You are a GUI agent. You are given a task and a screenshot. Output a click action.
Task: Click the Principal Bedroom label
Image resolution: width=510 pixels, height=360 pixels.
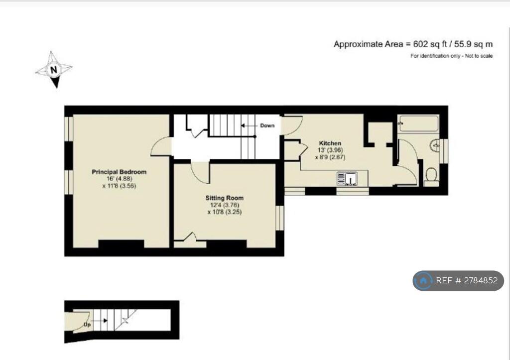click(x=119, y=172)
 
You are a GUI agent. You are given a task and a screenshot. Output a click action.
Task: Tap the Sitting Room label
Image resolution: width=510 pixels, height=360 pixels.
click(x=225, y=198)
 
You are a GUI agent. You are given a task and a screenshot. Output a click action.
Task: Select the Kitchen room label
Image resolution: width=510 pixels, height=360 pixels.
click(x=330, y=143)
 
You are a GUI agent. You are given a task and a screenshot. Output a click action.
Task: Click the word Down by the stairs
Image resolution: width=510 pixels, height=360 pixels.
click(x=267, y=125)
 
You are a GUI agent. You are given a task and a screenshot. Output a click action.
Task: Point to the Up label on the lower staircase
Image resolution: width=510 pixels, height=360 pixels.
click(x=87, y=325)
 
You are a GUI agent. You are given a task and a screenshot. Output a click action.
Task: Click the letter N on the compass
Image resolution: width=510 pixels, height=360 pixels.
click(x=54, y=70)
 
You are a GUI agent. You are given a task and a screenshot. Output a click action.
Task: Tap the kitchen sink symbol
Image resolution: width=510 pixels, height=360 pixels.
click(x=347, y=179)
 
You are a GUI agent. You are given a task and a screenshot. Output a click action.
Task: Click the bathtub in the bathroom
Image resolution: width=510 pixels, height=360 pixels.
click(x=418, y=123)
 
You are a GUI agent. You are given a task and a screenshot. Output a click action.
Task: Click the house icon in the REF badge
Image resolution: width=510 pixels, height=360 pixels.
click(x=423, y=280)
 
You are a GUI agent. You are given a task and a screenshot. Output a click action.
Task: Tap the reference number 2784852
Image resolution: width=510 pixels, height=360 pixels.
click(x=481, y=280)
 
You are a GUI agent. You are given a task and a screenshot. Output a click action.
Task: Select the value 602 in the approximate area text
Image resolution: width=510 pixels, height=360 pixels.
click(x=420, y=44)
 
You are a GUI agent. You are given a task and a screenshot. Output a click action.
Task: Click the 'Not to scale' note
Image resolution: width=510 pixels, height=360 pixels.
click(x=479, y=56)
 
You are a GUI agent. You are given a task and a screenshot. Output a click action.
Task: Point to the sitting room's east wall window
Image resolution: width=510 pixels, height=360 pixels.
click(x=280, y=218)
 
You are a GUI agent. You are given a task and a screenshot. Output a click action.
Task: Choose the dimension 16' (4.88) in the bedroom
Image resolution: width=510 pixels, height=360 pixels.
click(x=120, y=179)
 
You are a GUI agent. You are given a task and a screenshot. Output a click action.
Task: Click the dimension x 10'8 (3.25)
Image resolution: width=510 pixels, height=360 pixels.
click(x=225, y=212)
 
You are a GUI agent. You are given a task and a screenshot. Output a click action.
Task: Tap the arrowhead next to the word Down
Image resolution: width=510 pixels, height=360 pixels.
click(x=243, y=125)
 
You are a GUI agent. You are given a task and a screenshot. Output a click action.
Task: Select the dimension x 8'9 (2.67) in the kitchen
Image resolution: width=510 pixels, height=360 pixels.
click(x=330, y=157)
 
